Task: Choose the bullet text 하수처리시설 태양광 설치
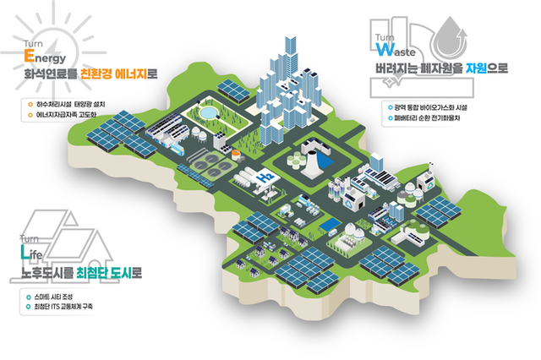71,105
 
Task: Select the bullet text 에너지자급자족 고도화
68,114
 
